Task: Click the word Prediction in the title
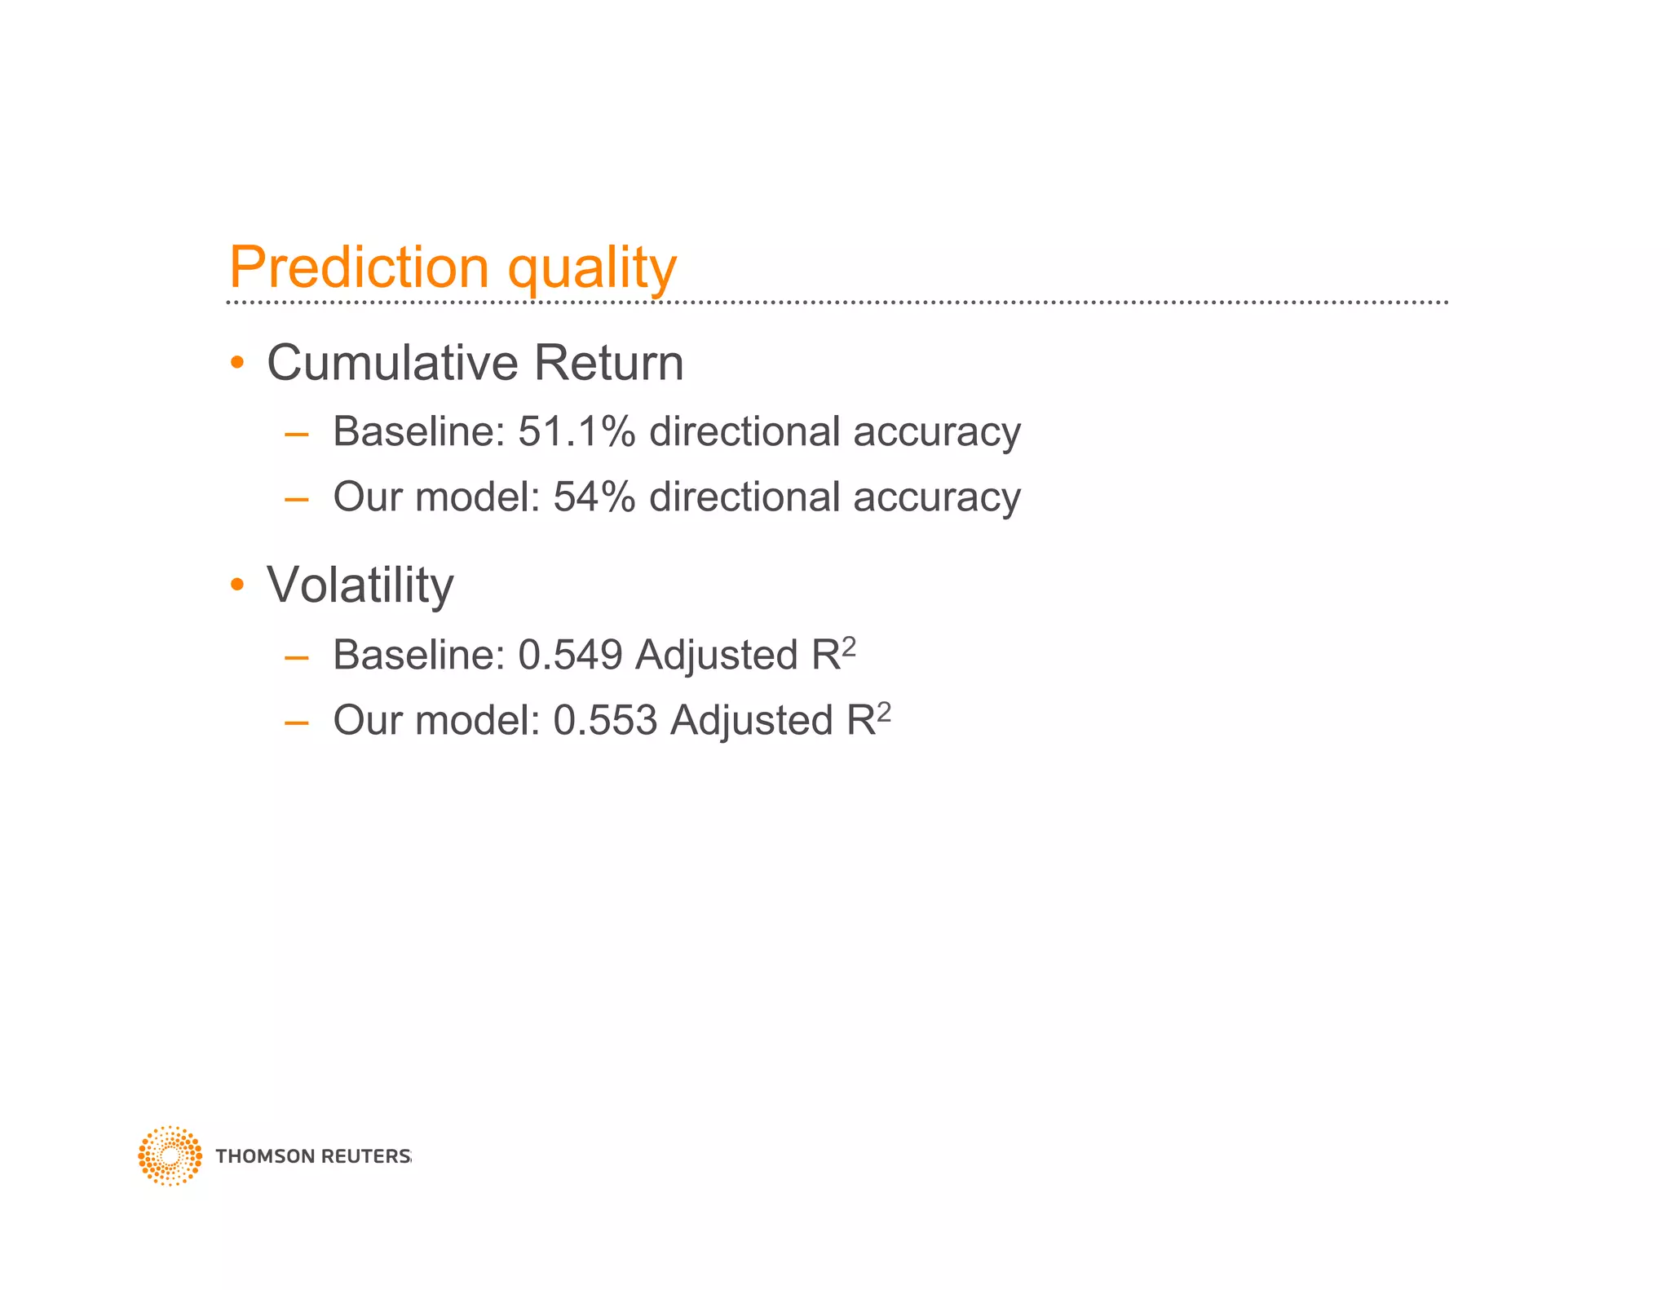tap(359, 267)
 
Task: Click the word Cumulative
tap(393, 363)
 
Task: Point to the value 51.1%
tap(576, 431)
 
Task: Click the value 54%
tap(594, 497)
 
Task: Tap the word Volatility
tap(360, 585)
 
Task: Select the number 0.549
tap(570, 655)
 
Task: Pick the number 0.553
tap(605, 720)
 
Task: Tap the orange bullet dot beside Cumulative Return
tap(237, 362)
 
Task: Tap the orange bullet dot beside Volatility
tap(237, 584)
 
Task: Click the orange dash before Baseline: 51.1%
tap(297, 435)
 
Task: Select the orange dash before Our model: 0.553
tap(297, 722)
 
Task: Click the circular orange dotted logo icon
tap(170, 1155)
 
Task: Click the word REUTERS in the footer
tap(366, 1156)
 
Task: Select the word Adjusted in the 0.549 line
tap(717, 655)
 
